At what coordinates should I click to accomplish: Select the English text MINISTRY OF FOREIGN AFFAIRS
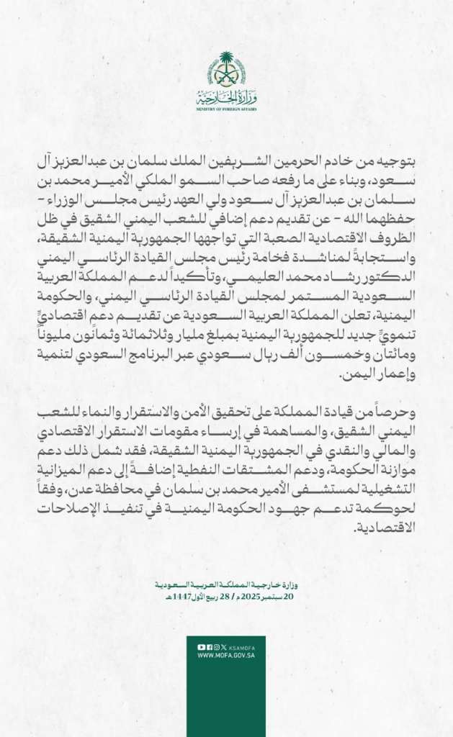(x=226, y=109)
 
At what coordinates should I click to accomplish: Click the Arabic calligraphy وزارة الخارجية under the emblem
(x=226, y=98)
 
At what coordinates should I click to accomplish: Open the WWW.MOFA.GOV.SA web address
(x=226, y=655)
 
